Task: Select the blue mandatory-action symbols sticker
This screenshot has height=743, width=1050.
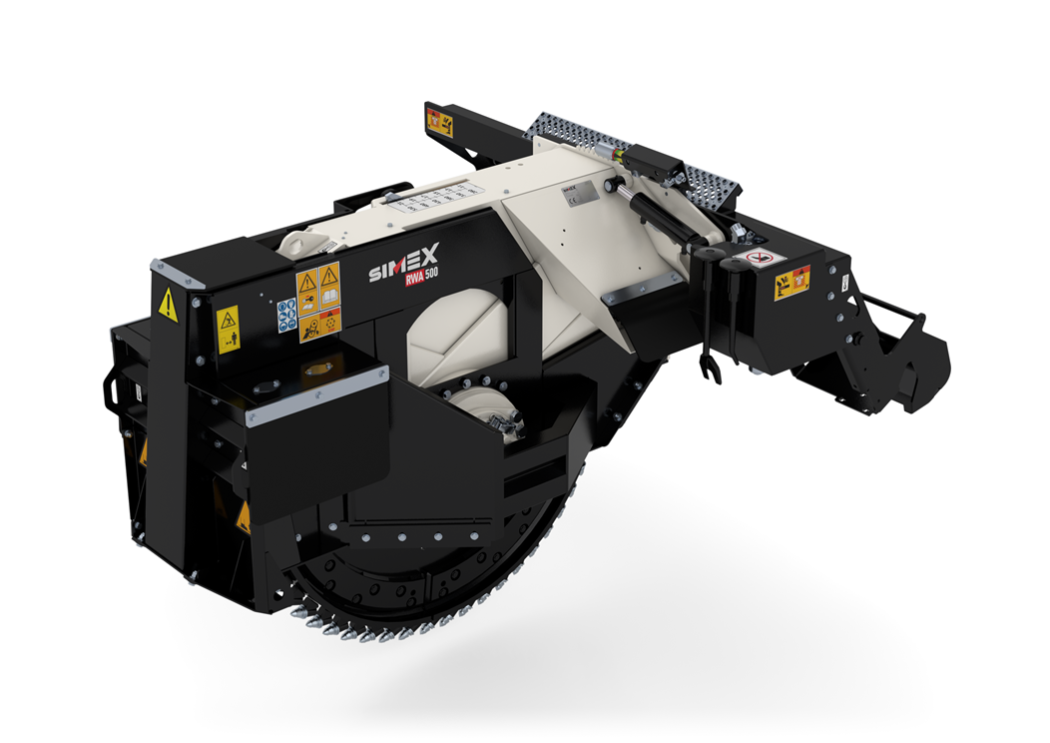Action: tap(286, 317)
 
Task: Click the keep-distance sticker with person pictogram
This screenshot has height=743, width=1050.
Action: tap(229, 329)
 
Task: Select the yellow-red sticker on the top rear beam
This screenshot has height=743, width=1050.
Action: tap(440, 123)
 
